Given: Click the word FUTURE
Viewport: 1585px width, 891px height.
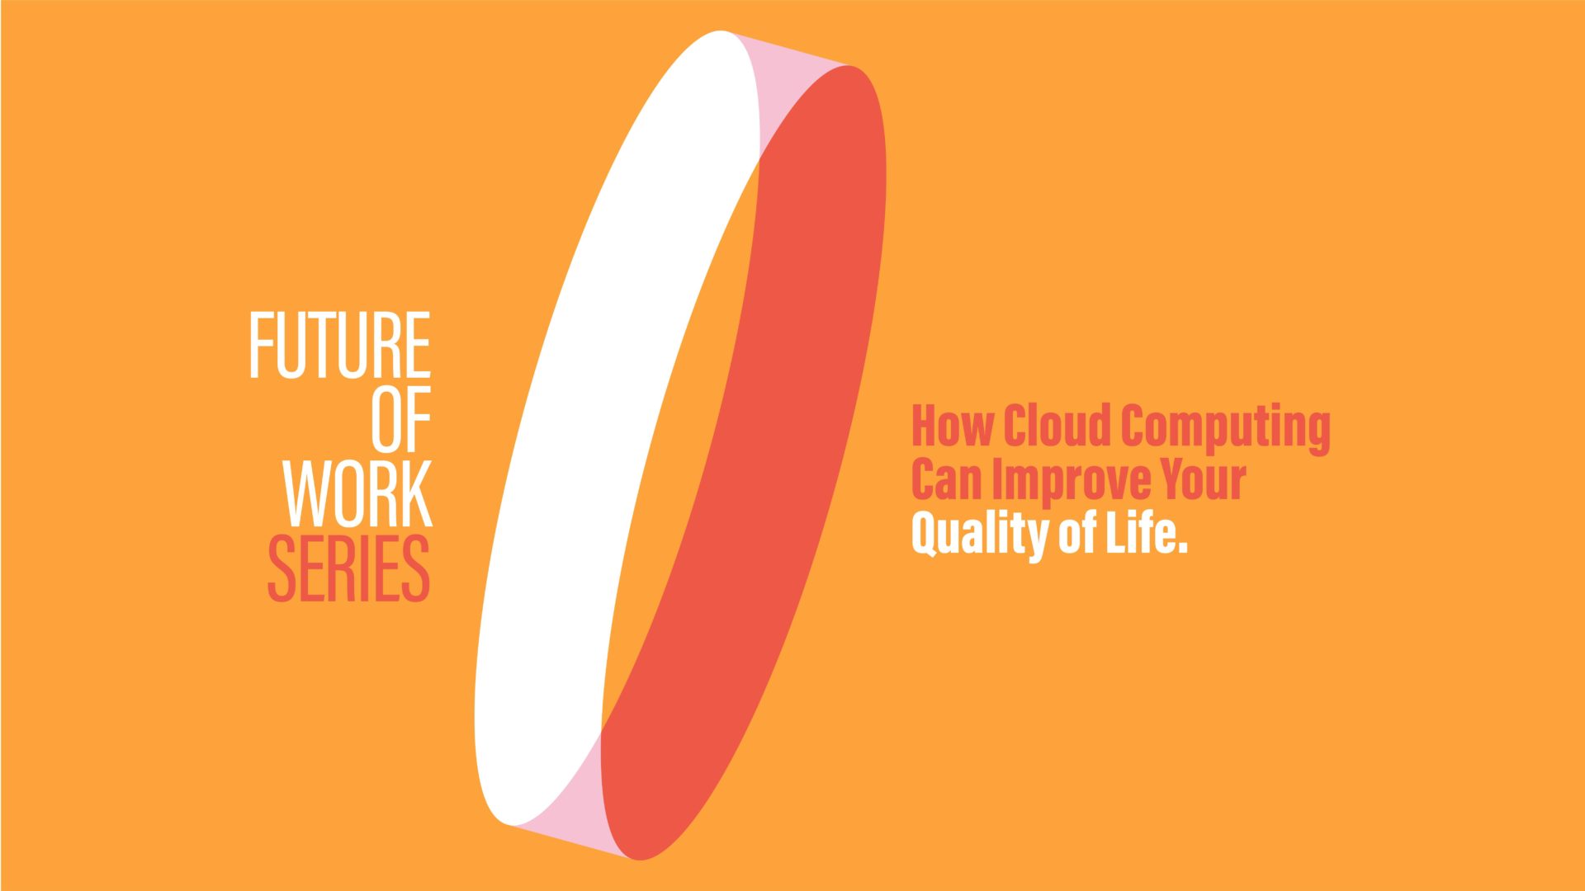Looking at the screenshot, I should click(x=340, y=346).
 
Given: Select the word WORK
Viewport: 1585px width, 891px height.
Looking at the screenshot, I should click(x=358, y=493).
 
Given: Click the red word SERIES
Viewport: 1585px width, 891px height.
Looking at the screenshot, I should click(x=349, y=568).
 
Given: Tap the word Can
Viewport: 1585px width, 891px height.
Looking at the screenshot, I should click(x=947, y=479).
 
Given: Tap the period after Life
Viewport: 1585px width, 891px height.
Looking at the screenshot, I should click(x=1182, y=547).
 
